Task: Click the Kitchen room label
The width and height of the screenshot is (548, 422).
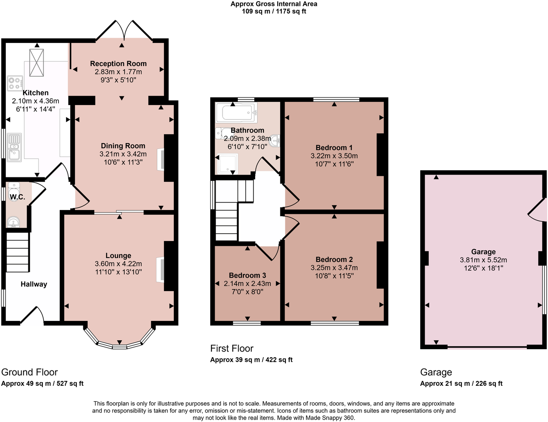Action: pyautogui.click(x=35, y=93)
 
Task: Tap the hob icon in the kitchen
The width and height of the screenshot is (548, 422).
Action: pyautogui.click(x=15, y=83)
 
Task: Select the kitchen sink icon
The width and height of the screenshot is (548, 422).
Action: pyautogui.click(x=15, y=147)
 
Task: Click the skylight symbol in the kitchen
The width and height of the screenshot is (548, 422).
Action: pyautogui.click(x=37, y=63)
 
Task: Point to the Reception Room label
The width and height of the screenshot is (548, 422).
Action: pyautogui.click(x=118, y=64)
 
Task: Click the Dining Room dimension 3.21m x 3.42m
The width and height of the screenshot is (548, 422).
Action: pyautogui.click(x=123, y=154)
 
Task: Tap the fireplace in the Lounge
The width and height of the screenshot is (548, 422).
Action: pyautogui.click(x=160, y=269)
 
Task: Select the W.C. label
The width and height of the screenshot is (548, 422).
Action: pyautogui.click(x=17, y=197)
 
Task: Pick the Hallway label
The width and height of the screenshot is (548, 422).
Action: pyautogui.click(x=34, y=284)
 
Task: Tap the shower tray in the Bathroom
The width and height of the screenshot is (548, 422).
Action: pyautogui.click(x=228, y=164)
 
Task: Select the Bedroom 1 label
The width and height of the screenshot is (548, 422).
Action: pyautogui.click(x=334, y=147)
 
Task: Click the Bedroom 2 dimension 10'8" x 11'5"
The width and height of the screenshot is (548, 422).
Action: pyautogui.click(x=334, y=276)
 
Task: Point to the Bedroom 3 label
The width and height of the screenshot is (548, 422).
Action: pyautogui.click(x=247, y=275)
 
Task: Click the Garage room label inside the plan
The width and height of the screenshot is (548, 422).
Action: pyautogui.click(x=483, y=252)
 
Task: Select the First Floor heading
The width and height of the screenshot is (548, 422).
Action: pyautogui.click(x=232, y=348)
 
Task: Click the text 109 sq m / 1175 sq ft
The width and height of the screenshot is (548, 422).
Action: pyautogui.click(x=274, y=11)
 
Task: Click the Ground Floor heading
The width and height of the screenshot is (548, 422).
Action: pyautogui.click(x=29, y=372)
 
